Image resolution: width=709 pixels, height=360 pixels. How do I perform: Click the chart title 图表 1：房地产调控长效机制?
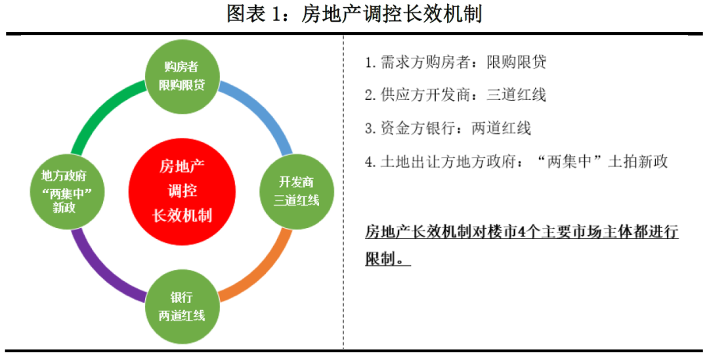pyautogui.click(x=354, y=14)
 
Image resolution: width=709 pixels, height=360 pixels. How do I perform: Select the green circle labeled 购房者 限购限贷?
pyautogui.click(x=183, y=76)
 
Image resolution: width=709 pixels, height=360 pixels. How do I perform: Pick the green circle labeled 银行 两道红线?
pyautogui.click(x=183, y=307)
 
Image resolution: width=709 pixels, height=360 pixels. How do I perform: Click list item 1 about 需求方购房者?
pyautogui.click(x=456, y=62)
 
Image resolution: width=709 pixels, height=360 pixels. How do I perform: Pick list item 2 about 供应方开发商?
pyautogui.click(x=456, y=95)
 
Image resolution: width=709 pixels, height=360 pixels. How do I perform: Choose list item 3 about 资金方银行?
pyautogui.click(x=448, y=129)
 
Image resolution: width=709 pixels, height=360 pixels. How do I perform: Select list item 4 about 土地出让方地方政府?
pyautogui.click(x=517, y=162)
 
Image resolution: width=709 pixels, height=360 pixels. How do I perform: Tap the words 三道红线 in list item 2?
pyautogui.click(x=516, y=95)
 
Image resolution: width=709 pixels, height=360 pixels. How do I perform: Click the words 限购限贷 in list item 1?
pyautogui.click(x=516, y=62)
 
